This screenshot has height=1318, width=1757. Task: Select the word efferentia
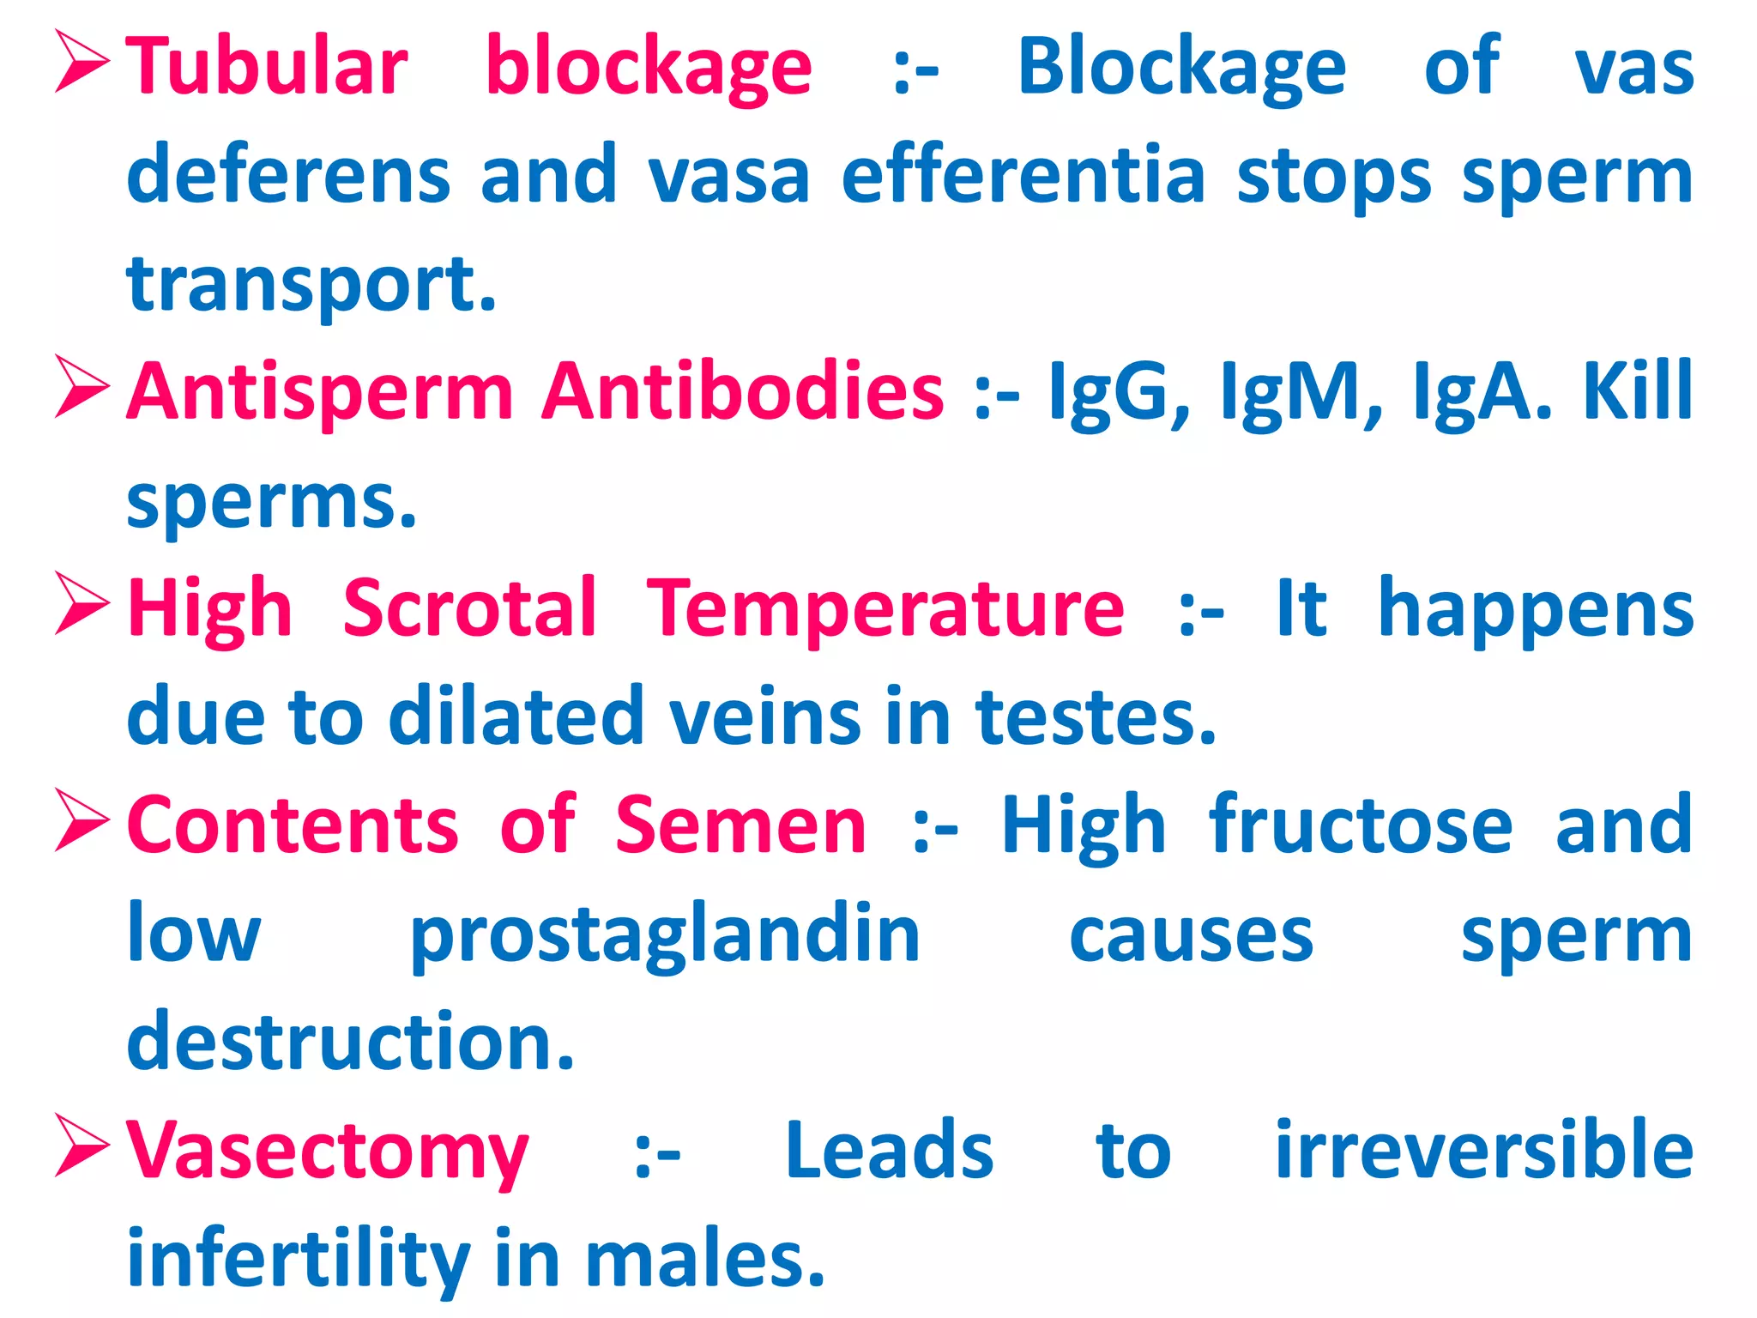[x=1023, y=176]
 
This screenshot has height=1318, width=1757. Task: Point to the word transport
[x=311, y=285]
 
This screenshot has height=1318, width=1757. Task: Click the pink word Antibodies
[x=743, y=392]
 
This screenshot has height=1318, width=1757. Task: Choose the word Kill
[x=1638, y=392]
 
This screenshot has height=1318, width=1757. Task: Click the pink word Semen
[x=740, y=825]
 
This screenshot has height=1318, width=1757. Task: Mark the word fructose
[x=1361, y=825]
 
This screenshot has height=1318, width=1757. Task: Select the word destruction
[x=350, y=1042]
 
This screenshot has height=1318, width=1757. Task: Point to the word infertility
[x=299, y=1260]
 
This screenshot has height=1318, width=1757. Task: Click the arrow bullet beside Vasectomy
[x=82, y=1145]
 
